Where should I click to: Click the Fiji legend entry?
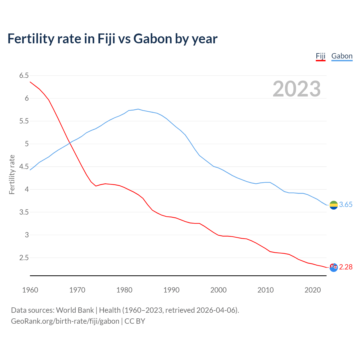pyautogui.click(x=320, y=56)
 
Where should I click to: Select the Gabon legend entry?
pyautogui.click(x=342, y=56)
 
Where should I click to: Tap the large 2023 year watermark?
pyautogui.click(x=296, y=89)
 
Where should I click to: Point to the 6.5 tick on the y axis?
pyautogui.click(x=24, y=75)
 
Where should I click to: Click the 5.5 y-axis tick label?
pyautogui.click(x=24, y=121)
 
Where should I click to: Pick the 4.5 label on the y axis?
pyautogui.click(x=24, y=166)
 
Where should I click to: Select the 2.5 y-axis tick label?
pyautogui.click(x=24, y=258)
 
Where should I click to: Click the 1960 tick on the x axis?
pyautogui.click(x=30, y=290)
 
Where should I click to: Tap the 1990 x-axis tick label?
pyautogui.click(x=171, y=290)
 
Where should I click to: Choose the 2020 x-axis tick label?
pyautogui.click(x=312, y=290)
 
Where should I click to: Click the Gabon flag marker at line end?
pyautogui.click(x=333, y=205)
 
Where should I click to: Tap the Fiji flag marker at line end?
pyautogui.click(x=333, y=267)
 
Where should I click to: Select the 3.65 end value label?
pyautogui.click(x=346, y=205)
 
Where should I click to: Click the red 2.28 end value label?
pyautogui.click(x=346, y=267)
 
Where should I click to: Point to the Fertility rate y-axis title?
pyautogui.click(x=12, y=174)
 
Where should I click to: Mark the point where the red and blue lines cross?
pyautogui.click(x=70, y=143)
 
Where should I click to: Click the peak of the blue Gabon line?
pyautogui.click(x=138, y=109)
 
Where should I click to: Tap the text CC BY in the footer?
pyautogui.click(x=135, y=321)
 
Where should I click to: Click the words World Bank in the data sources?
pyautogui.click(x=75, y=310)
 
